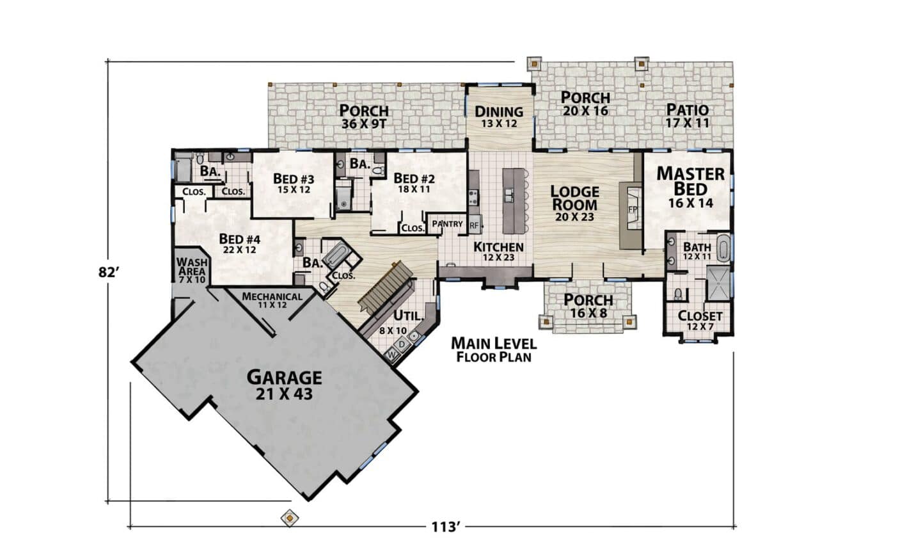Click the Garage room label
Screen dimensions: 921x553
pyautogui.click(x=285, y=385)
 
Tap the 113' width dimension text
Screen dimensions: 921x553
pyautogui.click(x=445, y=527)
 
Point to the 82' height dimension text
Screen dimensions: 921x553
pyautogui.click(x=109, y=273)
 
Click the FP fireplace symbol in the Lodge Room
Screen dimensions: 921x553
pyautogui.click(x=633, y=209)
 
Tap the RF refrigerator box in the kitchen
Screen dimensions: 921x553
pyautogui.click(x=475, y=225)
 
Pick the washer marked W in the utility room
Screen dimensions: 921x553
pyautogui.click(x=392, y=355)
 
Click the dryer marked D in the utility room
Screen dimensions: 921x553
pyautogui.click(x=402, y=344)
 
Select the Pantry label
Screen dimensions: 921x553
pyautogui.click(x=447, y=224)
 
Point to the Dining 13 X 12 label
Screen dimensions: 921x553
pyautogui.click(x=499, y=117)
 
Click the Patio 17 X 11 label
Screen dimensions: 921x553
pyautogui.click(x=688, y=116)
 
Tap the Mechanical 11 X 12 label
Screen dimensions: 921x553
pyautogui.click(x=272, y=300)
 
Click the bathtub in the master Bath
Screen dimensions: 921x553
pyautogui.click(x=723, y=248)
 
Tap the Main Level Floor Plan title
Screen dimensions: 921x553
pyautogui.click(x=494, y=349)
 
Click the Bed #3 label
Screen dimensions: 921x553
pyautogui.click(x=294, y=184)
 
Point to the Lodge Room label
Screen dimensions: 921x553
pyautogui.click(x=574, y=204)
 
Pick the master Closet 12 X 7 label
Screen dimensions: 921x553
pyautogui.click(x=700, y=321)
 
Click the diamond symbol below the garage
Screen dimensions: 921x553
pyautogui.click(x=290, y=518)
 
